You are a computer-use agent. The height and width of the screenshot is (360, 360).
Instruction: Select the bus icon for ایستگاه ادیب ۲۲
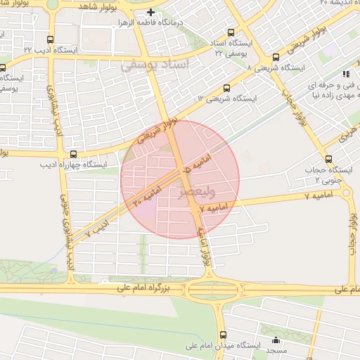[x=49, y=40]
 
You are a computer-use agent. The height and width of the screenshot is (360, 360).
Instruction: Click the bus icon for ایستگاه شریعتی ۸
[x=275, y=57]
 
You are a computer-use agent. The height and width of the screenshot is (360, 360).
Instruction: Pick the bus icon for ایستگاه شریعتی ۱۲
[x=226, y=89]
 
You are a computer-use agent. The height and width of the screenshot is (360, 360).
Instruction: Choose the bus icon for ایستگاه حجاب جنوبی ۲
[x=328, y=158]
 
